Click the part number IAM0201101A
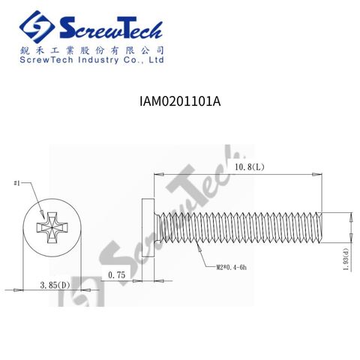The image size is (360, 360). click(180, 101)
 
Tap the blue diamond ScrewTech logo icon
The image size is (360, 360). click(37, 27)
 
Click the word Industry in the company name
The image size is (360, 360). click(98, 60)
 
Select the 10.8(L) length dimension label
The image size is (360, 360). click(249, 167)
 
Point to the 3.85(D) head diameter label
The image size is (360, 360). click(55, 285)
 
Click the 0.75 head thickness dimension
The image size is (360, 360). click(116, 275)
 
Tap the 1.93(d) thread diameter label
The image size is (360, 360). click(346, 259)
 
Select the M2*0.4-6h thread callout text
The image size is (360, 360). click(231, 268)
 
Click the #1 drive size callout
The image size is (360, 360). click(16, 183)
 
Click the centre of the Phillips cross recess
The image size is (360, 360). click(52, 227)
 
